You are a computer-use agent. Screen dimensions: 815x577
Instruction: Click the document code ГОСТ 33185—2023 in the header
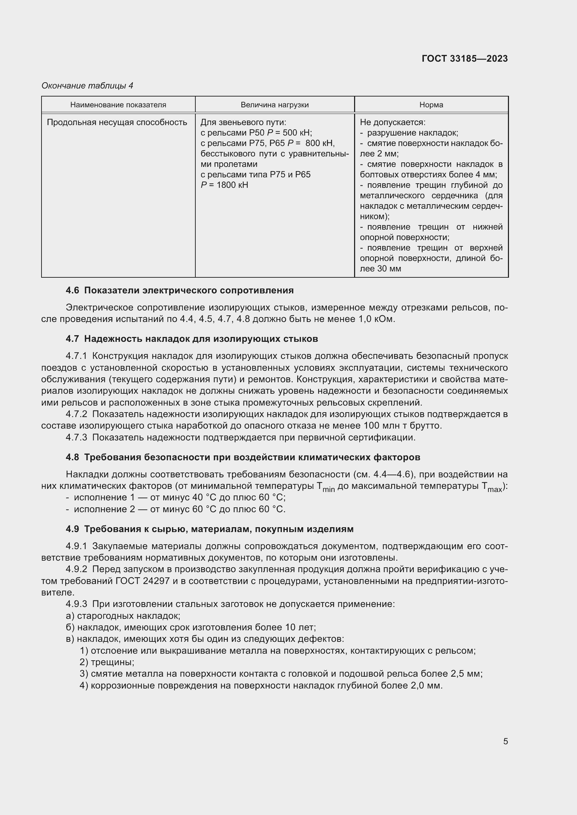(464, 59)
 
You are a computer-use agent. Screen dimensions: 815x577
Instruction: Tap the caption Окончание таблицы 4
(88, 86)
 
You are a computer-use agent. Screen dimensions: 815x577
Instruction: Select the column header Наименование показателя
(118, 105)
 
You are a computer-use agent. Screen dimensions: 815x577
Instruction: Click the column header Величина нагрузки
(275, 105)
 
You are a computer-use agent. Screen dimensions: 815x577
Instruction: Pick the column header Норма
(431, 105)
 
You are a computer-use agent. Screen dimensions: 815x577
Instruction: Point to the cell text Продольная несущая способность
(117, 122)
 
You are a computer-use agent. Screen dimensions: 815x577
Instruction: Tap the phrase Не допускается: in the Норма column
(392, 122)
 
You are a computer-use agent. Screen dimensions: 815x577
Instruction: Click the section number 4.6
(72, 290)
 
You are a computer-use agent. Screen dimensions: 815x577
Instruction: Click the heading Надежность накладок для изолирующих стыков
(201, 339)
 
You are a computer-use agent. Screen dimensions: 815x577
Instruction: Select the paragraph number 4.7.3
(76, 437)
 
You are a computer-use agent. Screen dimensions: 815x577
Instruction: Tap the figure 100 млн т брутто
(402, 425)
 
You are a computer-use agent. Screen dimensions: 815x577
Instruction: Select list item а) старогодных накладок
(123, 616)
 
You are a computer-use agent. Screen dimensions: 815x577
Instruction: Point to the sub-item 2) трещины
(107, 662)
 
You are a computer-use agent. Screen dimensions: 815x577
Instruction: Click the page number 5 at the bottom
(505, 741)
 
